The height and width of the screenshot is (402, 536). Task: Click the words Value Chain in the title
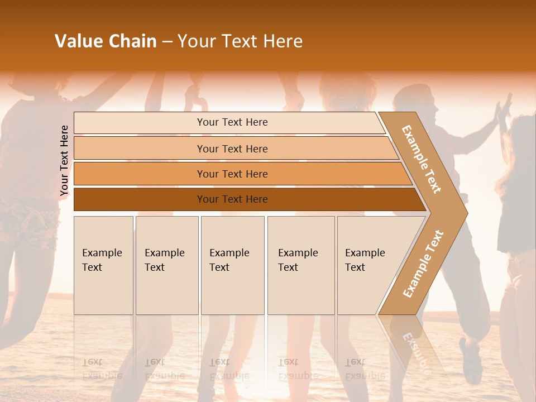point(106,41)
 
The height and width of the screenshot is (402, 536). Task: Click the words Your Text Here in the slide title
point(240,41)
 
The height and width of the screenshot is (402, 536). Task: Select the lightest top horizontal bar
point(140,123)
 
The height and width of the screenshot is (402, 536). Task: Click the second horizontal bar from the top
point(140,149)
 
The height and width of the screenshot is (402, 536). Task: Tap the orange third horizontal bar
point(140,174)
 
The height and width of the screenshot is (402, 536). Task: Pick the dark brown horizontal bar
point(140,199)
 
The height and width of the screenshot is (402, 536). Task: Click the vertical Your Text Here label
point(64,160)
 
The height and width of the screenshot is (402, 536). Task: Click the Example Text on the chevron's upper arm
point(422,159)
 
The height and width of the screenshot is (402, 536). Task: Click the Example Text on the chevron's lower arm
point(423,264)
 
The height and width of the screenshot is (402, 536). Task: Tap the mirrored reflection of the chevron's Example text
point(415,352)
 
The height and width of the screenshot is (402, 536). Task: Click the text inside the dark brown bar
point(232,199)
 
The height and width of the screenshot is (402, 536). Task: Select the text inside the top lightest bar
point(232,122)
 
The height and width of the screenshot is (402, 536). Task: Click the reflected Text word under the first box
point(92,362)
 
